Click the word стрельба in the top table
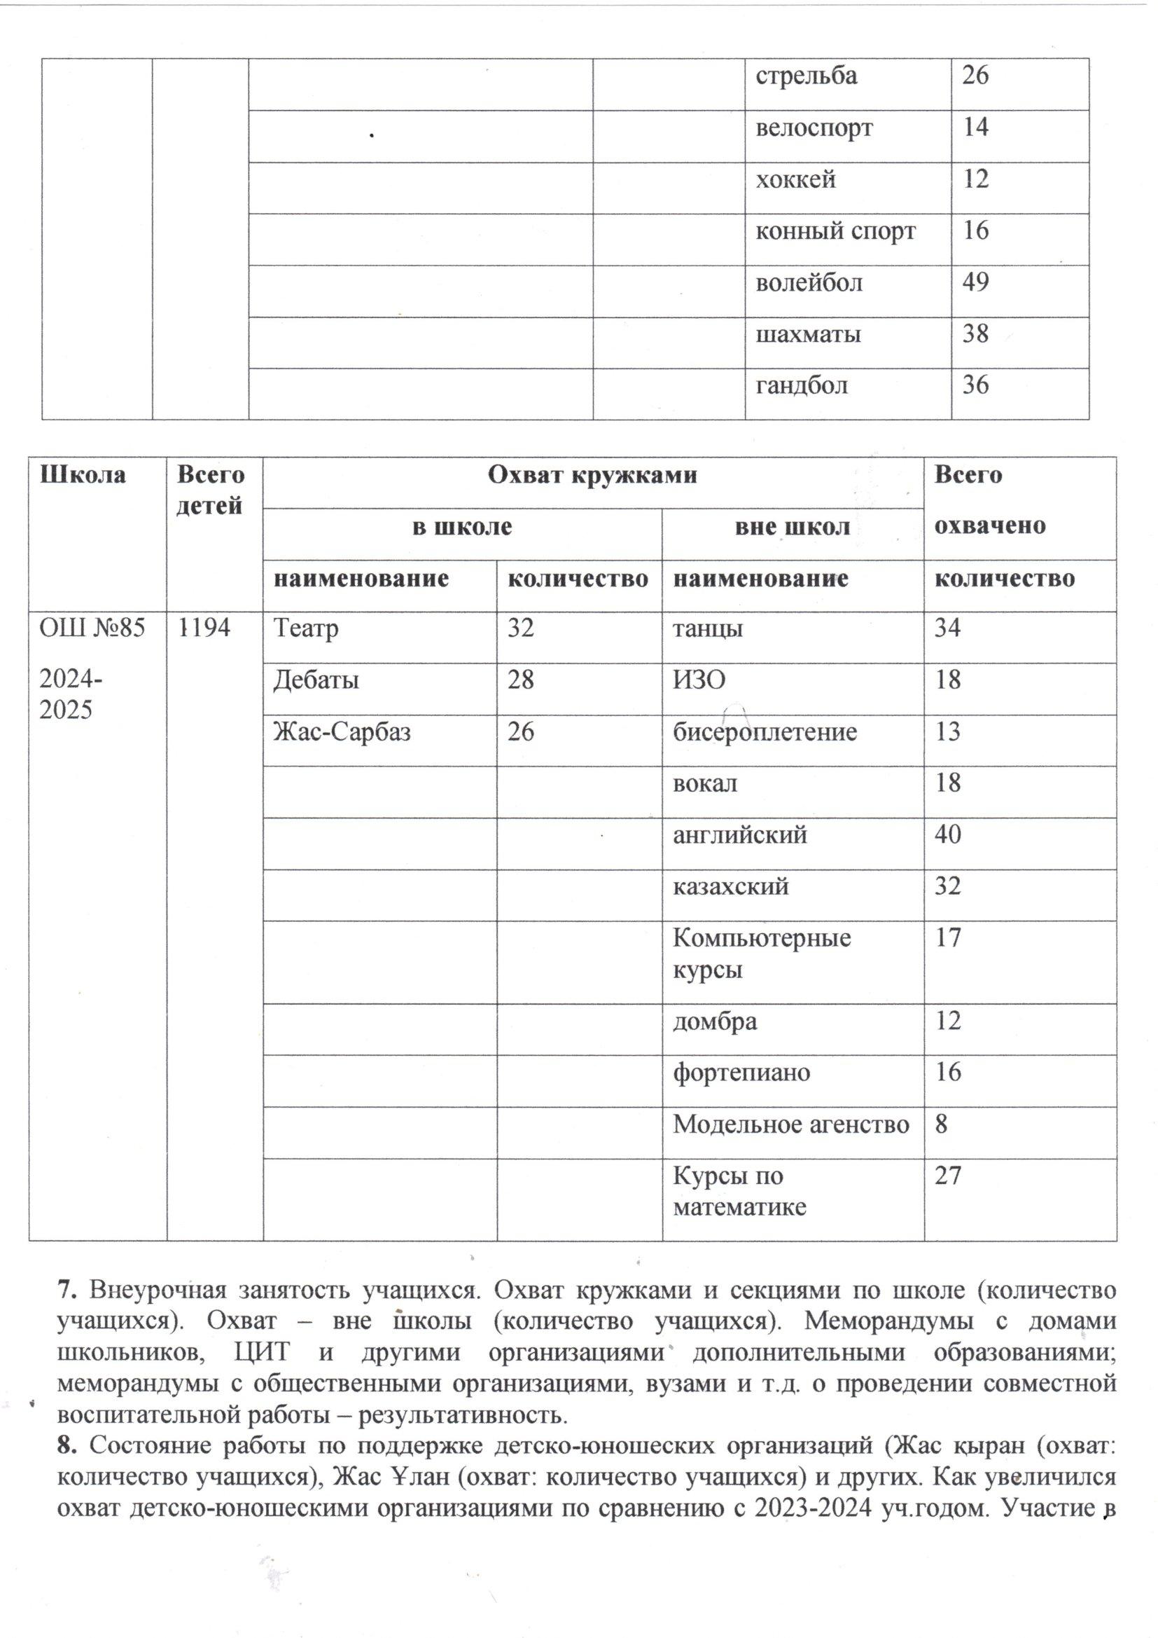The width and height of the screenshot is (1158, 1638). coord(807,76)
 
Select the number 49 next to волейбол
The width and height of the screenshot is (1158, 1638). coord(975,282)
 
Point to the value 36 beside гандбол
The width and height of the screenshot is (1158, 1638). coord(975,385)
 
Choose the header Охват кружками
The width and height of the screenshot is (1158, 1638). coord(592,475)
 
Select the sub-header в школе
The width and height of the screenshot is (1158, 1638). coord(463,527)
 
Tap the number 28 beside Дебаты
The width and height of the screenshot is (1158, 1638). coord(520,679)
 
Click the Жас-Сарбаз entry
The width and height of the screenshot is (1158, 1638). coord(342,732)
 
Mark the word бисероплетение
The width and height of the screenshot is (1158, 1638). coord(765,732)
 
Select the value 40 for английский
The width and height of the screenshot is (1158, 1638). coord(948,834)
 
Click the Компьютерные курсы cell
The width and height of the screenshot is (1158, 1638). coord(762,953)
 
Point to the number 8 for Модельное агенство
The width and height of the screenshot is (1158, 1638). coord(941,1124)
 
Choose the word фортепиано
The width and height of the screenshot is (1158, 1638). coord(741,1072)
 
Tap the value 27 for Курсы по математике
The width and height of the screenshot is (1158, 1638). coord(948,1175)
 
